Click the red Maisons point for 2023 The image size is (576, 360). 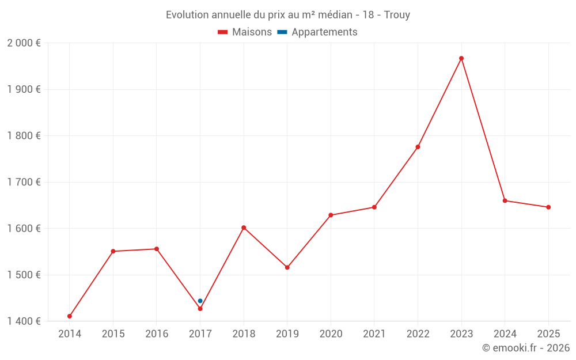coord(461,58)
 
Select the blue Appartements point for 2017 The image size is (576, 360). coord(200,301)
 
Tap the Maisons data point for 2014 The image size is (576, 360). coord(70,316)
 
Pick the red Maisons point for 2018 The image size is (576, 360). coord(244,228)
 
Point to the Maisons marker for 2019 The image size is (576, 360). coord(287,267)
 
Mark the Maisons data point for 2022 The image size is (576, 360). coord(418,147)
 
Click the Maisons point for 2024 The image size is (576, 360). coord(505,200)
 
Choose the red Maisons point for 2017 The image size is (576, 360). coord(200,309)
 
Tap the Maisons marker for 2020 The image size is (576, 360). coord(331,215)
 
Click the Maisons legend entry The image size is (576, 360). coord(245,32)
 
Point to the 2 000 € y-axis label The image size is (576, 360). coord(24,43)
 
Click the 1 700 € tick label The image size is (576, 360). coord(24,182)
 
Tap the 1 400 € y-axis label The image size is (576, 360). coord(24,321)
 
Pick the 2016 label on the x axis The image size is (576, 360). coord(157,334)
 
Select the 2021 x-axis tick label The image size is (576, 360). coord(374,334)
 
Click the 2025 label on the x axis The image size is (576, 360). coord(548,334)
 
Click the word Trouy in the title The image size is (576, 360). coord(397,15)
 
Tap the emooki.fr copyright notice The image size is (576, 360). coord(526,348)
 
